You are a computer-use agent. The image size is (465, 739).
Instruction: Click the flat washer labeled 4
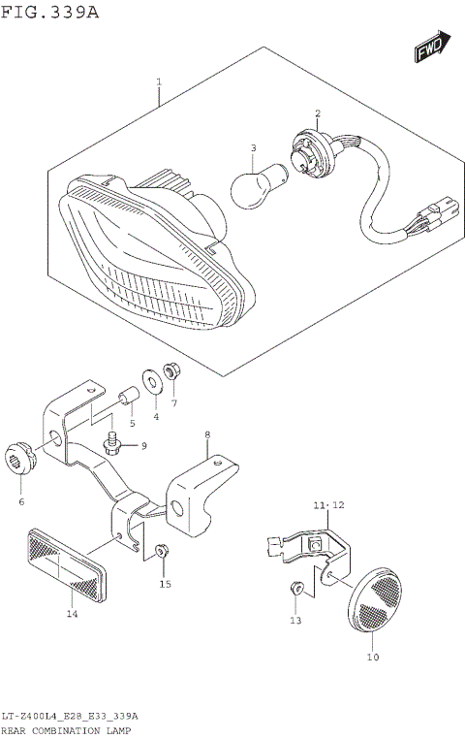153,382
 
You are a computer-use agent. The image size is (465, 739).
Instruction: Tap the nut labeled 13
297,588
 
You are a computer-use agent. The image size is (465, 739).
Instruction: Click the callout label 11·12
328,505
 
